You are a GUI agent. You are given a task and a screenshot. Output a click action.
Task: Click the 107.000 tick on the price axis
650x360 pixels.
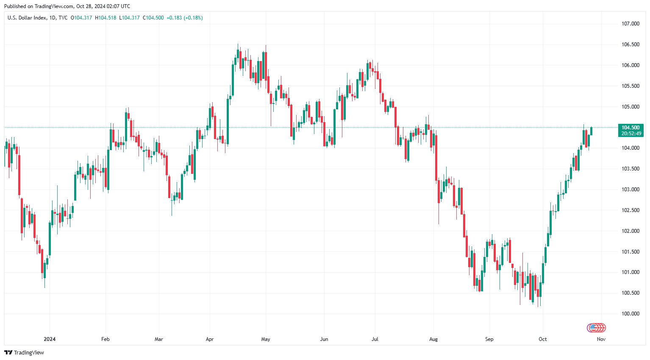[630, 24]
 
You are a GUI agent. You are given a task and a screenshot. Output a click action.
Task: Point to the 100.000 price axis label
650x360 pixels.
[630, 314]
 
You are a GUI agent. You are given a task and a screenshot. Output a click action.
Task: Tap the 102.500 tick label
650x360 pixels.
[630, 210]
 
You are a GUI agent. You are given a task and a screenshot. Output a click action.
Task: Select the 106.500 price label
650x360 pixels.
[630, 45]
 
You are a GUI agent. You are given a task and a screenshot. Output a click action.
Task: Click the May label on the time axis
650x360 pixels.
[266, 339]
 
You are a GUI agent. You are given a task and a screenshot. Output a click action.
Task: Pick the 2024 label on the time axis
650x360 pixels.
[50, 339]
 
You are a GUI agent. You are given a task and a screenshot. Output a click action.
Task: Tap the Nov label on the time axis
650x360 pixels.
[601, 339]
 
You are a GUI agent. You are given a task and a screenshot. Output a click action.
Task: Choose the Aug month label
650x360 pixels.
[433, 339]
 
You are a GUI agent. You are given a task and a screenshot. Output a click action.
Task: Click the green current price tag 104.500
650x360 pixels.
[631, 128]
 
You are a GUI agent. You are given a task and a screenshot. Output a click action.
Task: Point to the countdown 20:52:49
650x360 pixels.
[631, 134]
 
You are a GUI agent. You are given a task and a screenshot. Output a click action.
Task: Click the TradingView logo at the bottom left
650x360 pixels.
[24, 353]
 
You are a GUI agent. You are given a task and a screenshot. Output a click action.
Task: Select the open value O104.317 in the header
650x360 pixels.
[81, 18]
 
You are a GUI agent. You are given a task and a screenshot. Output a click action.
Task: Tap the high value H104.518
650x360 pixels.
[106, 18]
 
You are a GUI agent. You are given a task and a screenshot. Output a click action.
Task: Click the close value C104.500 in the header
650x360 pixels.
[153, 18]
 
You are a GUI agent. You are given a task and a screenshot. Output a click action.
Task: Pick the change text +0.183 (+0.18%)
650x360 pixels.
[184, 18]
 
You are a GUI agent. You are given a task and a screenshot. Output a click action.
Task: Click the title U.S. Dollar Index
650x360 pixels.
[27, 18]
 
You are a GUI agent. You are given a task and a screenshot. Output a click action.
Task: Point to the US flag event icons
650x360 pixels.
[596, 327]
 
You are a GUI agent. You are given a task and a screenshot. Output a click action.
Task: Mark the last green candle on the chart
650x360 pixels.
[591, 131]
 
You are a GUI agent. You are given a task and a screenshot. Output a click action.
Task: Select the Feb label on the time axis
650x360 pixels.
[106, 339]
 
